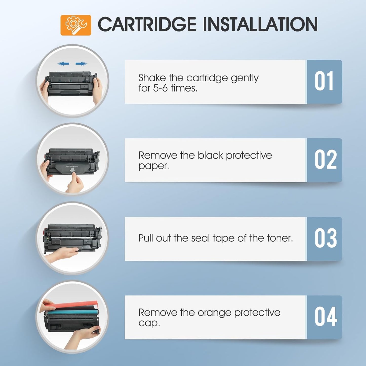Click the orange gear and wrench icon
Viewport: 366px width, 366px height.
click(76, 25)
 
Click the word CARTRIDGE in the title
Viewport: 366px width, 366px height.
click(147, 25)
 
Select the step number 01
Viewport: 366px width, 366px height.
click(324, 81)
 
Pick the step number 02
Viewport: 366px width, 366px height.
click(325, 160)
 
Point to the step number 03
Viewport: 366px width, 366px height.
click(325, 238)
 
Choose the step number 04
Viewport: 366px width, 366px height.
click(325, 317)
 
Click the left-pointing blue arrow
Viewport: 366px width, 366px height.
click(63, 64)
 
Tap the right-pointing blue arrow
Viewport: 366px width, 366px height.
click(81, 64)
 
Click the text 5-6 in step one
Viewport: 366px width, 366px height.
click(160, 88)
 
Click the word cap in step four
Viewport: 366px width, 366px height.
click(149, 323)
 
